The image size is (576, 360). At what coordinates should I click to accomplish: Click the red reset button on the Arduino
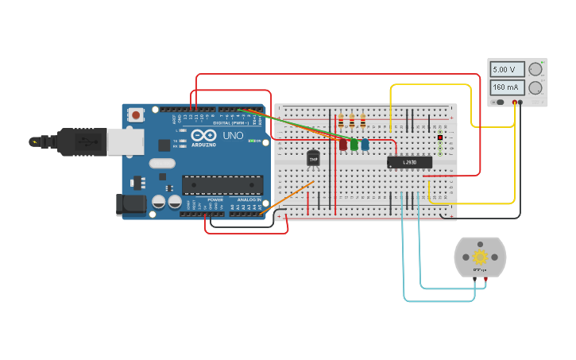pyautogui.click(x=136, y=115)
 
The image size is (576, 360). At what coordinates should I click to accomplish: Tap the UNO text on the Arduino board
pyautogui.click(x=233, y=136)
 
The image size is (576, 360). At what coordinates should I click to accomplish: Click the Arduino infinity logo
pyautogui.click(x=208, y=136)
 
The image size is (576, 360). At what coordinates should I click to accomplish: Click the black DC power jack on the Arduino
pyautogui.click(x=130, y=205)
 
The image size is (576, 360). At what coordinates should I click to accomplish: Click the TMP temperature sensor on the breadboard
pyautogui.click(x=313, y=159)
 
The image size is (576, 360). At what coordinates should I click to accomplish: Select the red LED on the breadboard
pyautogui.click(x=343, y=145)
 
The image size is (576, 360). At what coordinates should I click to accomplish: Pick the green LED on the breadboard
pyautogui.click(x=354, y=145)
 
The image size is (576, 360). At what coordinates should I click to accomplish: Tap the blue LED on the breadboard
pyautogui.click(x=365, y=145)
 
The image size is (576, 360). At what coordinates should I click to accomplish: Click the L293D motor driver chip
pyautogui.click(x=409, y=162)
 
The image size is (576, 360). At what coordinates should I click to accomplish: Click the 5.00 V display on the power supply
pyautogui.click(x=507, y=69)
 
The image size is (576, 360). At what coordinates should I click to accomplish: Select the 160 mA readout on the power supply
pyautogui.click(x=507, y=87)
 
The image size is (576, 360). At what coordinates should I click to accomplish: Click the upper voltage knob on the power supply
pyautogui.click(x=535, y=70)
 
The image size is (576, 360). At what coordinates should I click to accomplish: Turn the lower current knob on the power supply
pyautogui.click(x=535, y=87)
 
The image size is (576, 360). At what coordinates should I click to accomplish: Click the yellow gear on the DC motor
pyautogui.click(x=480, y=257)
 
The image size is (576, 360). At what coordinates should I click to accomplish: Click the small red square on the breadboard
pyautogui.click(x=439, y=137)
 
